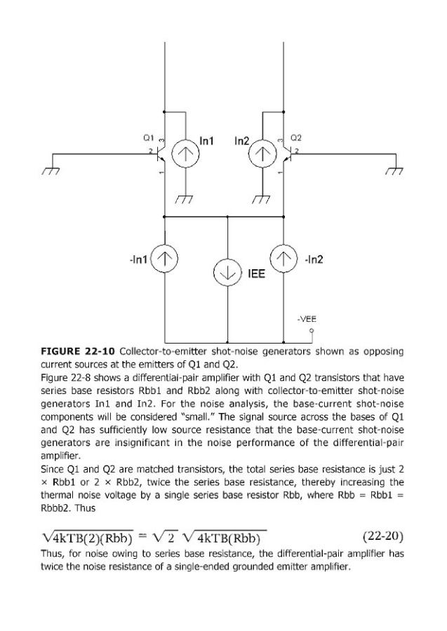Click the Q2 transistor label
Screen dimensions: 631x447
(x=296, y=138)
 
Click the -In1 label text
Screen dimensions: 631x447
(x=138, y=260)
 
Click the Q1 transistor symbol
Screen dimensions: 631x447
(x=160, y=156)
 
